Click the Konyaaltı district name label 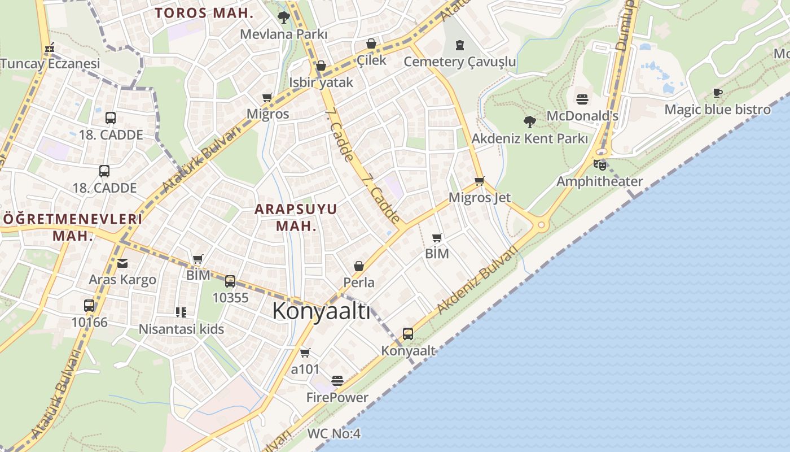coord(321,311)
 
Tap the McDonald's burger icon coord(582,99)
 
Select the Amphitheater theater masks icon coord(599,165)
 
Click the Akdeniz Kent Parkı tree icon coord(529,121)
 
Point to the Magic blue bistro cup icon coord(717,93)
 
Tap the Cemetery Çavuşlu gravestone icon coord(460,45)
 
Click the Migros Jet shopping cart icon coord(479,181)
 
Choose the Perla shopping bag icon coord(358,266)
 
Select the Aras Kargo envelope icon coord(122,263)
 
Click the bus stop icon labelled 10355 coord(230,281)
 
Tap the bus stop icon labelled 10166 coord(89,306)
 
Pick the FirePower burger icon coord(337,381)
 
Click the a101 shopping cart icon coord(305,353)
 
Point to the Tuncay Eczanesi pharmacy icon coord(50,47)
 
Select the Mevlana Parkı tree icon coord(284,18)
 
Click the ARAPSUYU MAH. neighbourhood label coord(296,218)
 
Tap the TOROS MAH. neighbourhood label coord(204,13)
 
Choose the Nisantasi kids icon coord(181,312)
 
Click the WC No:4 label coord(333,434)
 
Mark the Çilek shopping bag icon coord(371,44)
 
